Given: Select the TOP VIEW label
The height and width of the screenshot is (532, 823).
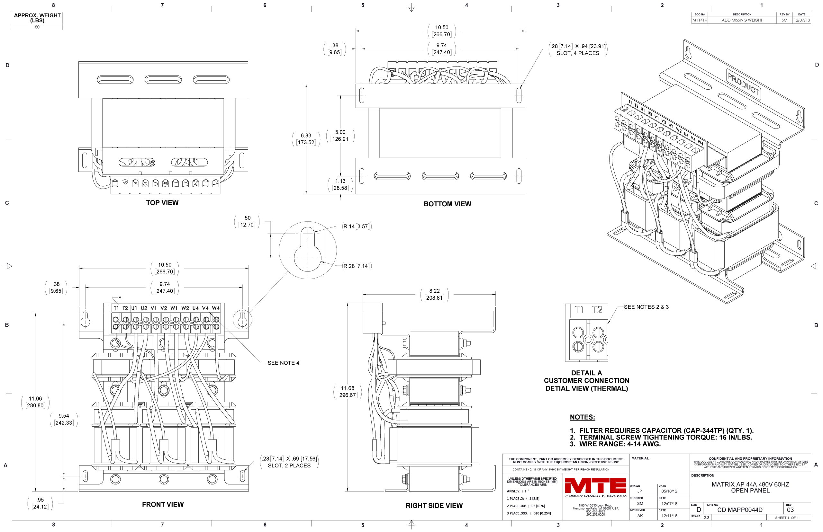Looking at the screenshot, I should click(x=162, y=203).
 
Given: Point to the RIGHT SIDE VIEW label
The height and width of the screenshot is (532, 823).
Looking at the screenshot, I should click(x=434, y=505).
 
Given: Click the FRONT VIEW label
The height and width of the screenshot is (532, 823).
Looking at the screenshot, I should click(x=163, y=504).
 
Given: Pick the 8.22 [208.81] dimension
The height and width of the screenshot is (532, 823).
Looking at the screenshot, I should click(x=434, y=294).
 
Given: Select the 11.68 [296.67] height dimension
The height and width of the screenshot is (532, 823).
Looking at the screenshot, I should click(x=348, y=391).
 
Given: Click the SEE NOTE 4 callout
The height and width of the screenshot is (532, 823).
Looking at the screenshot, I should click(x=284, y=363).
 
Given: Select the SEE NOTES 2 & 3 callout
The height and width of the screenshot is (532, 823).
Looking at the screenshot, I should click(x=646, y=307).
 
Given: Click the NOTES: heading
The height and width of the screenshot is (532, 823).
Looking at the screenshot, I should click(x=583, y=417).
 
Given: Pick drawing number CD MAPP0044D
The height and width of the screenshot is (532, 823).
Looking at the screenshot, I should click(x=740, y=510).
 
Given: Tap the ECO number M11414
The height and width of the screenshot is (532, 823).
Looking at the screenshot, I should click(x=699, y=20).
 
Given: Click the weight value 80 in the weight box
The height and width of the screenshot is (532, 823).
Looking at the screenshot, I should click(x=37, y=27).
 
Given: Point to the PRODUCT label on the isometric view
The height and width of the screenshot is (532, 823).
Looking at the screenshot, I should click(x=743, y=84).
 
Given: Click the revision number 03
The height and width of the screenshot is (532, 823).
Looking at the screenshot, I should click(x=790, y=510).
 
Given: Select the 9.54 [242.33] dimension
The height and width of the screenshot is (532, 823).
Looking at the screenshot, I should click(x=64, y=419).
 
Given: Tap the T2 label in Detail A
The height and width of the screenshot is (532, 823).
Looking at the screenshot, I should click(x=597, y=310).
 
